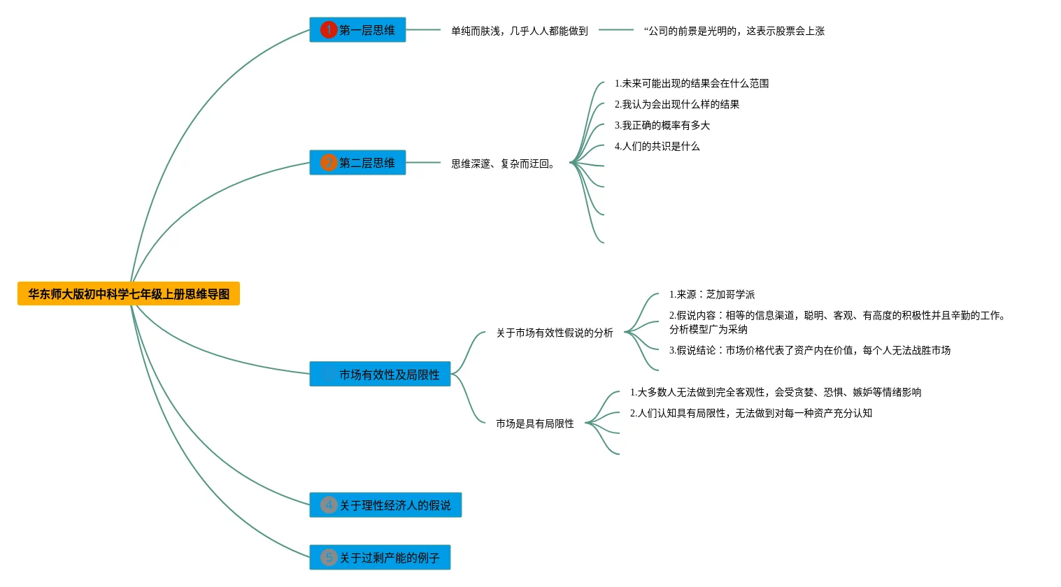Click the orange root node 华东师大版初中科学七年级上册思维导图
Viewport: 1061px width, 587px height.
pos(129,293)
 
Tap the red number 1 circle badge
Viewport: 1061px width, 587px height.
pos(329,30)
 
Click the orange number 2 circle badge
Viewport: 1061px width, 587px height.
pos(329,163)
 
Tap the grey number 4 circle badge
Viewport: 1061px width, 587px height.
pos(329,505)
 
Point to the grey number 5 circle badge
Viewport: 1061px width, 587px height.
pos(329,558)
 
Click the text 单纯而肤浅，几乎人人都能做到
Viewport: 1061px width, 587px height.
pos(519,31)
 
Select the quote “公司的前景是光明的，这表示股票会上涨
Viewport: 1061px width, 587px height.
pos(734,31)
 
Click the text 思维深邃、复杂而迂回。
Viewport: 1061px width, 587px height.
pos(504,164)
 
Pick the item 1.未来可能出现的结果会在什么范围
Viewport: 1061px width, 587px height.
pos(691,83)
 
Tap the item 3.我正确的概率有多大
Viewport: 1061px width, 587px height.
pos(662,125)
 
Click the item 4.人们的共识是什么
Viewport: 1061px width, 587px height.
pos(657,146)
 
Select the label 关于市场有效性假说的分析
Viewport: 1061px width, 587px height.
pos(554,333)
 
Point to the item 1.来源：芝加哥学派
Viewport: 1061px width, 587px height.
pos(711,294)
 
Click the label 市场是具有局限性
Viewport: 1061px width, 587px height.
pos(534,423)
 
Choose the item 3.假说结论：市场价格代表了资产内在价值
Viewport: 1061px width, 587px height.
pos(809,350)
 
